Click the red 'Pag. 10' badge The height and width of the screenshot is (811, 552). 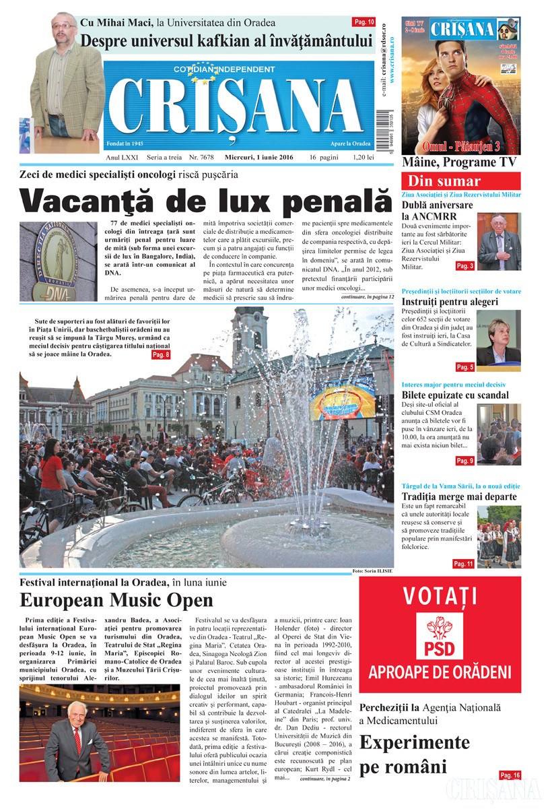[x=364, y=22]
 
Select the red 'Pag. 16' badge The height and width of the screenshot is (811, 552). [x=510, y=775]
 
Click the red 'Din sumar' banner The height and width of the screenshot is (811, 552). [x=460, y=181]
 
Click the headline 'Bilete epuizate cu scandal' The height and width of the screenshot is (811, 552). [x=455, y=395]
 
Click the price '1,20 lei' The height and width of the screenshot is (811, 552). [x=362, y=157]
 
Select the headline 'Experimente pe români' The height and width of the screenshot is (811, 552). [x=414, y=754]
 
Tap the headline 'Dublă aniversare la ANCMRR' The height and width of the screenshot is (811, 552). [x=438, y=210]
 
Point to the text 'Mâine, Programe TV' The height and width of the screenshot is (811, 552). [x=459, y=162]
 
